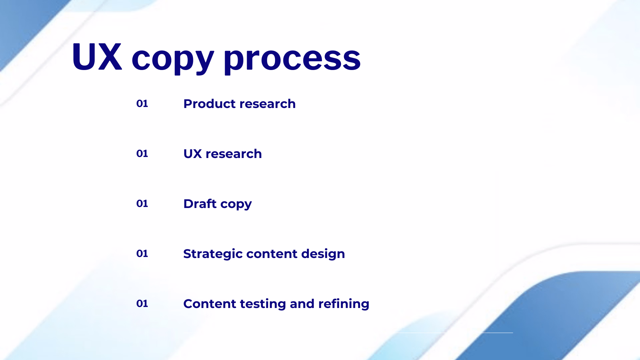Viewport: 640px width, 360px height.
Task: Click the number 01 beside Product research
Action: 142,104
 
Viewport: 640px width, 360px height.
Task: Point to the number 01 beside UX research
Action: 142,154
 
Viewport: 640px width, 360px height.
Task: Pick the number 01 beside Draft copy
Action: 142,204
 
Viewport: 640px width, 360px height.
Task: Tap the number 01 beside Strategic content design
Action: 142,254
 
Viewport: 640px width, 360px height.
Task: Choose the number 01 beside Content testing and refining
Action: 142,304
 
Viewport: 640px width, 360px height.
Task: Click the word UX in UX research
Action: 193,154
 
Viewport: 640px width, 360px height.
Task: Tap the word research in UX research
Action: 234,154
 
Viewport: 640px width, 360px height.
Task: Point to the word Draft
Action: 200,204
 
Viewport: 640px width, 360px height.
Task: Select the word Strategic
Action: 213,254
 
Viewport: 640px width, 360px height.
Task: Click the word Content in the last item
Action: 209,304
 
